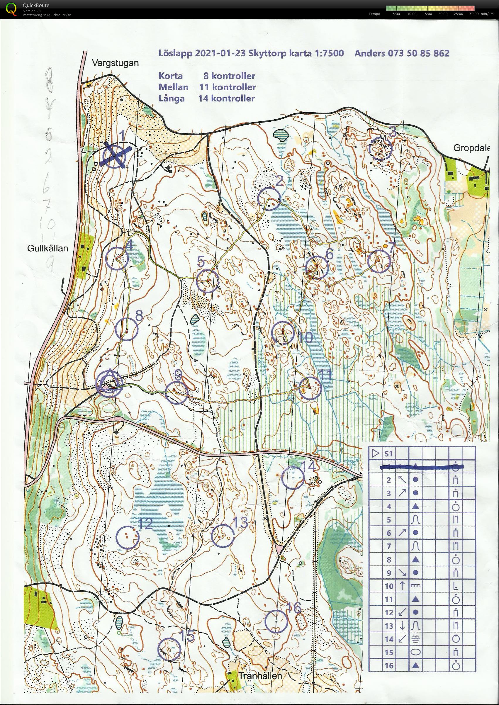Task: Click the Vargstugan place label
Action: click(115, 63)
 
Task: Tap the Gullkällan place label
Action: click(47, 248)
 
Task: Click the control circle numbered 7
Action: click(379, 261)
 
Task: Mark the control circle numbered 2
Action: click(269, 199)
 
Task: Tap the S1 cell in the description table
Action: click(388, 453)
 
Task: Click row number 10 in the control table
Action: click(389, 586)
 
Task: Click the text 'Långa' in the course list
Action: click(172, 98)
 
